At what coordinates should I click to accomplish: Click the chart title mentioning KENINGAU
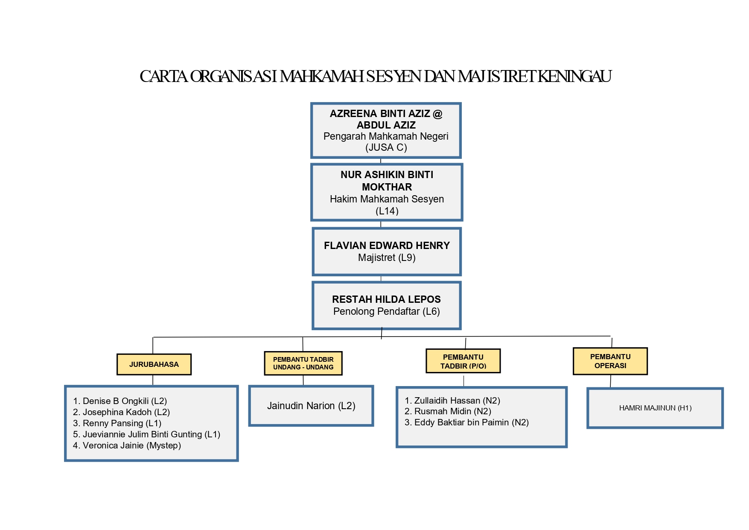click(375, 76)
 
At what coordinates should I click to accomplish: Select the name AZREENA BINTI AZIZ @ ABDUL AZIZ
click(386, 119)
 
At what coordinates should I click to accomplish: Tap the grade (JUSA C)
click(386, 148)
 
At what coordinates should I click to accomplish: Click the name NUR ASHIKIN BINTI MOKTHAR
click(387, 181)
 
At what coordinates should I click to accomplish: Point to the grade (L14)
click(387, 211)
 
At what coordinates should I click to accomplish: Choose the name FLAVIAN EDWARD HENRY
click(387, 246)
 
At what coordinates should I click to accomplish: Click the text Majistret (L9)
click(387, 258)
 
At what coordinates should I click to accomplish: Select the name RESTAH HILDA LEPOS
click(386, 299)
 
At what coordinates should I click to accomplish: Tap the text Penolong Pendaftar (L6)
click(386, 311)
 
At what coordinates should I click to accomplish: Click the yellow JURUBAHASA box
click(154, 364)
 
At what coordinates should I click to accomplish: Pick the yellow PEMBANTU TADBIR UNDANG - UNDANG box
click(303, 363)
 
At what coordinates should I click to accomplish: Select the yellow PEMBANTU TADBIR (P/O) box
click(463, 361)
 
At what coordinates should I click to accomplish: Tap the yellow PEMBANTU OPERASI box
click(610, 361)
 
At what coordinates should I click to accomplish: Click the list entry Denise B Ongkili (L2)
click(120, 401)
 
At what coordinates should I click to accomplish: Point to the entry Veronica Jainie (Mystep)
click(127, 445)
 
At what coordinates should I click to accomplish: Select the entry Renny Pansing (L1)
click(117, 423)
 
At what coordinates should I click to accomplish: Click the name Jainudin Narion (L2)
click(311, 406)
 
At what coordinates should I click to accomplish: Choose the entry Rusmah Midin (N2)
click(448, 411)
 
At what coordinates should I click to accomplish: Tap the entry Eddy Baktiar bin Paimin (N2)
click(467, 422)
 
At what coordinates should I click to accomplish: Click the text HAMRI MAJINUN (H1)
click(655, 408)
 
